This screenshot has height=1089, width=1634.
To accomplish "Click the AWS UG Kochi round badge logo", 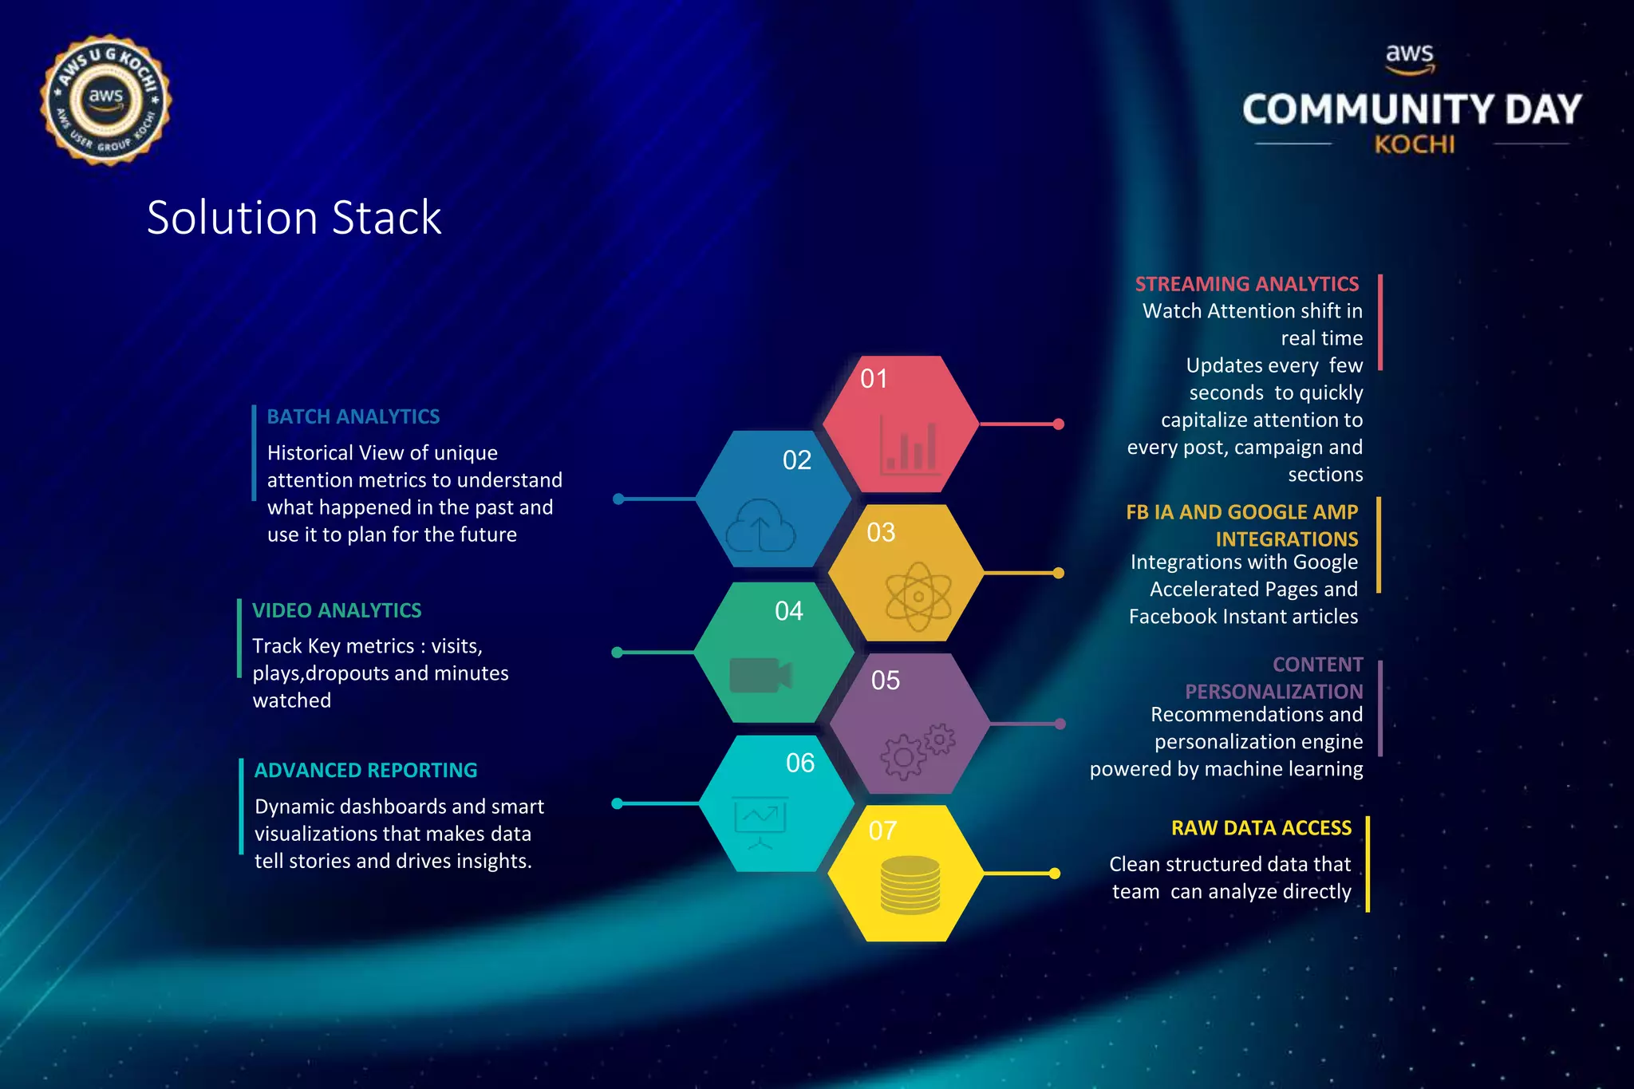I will coord(105,101).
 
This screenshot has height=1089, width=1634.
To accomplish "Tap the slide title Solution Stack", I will coord(294,217).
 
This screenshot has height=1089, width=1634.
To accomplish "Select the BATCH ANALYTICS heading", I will coord(353,416).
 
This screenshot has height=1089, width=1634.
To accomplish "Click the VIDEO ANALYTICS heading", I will coord(337,610).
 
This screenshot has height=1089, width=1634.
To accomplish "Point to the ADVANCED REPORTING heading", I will coord(365,770).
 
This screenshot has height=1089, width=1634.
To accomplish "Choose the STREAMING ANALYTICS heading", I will coord(1246,284).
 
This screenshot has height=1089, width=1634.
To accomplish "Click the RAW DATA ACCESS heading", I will coord(1261,828).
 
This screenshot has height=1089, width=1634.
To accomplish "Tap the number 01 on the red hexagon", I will coord(874,378).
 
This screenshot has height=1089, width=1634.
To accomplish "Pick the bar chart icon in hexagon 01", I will coord(910,445).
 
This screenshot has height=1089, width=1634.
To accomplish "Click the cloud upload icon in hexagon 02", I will coord(760,526).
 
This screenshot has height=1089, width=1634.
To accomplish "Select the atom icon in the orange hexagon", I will coord(918,596).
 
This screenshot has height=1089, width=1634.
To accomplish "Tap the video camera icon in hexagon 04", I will coord(760,676).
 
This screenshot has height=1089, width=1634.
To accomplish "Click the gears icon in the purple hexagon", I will coord(917,749).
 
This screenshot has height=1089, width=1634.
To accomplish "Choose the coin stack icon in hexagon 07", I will coord(910,885).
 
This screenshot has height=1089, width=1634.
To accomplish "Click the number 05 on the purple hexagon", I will coord(885,681).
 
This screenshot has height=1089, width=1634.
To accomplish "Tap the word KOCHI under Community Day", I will coord(1414,144).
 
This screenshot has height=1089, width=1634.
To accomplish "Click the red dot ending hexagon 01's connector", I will coord(1058,424).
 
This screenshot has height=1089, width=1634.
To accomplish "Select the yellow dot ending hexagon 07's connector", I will coord(1054,874).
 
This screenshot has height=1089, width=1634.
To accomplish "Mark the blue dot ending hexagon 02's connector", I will coord(618,499).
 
